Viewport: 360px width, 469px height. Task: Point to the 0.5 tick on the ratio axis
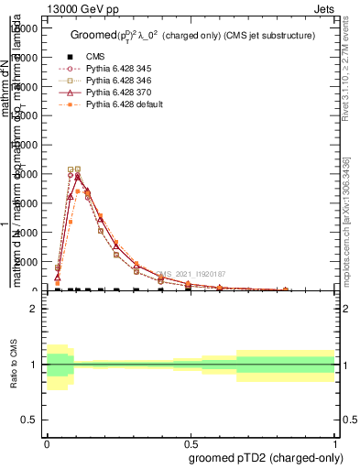31,420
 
